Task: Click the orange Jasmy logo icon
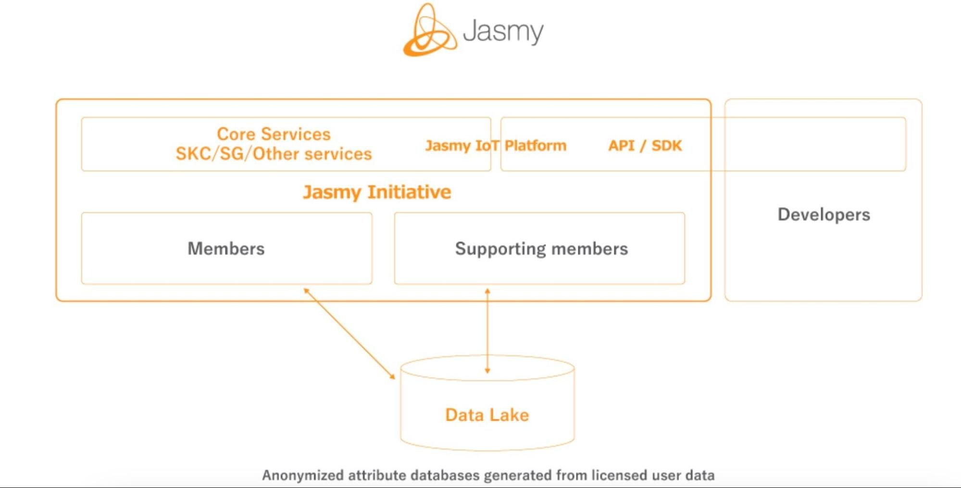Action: [x=428, y=31]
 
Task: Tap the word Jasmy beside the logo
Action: [x=503, y=31]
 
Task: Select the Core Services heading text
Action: [x=274, y=134]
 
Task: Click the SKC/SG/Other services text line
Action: [x=274, y=154]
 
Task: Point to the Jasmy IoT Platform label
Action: [x=496, y=145]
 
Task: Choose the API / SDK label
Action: [x=645, y=145]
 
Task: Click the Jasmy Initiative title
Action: [x=377, y=192]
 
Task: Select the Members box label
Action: [x=226, y=249]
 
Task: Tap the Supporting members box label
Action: [x=541, y=249]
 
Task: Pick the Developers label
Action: [x=824, y=214]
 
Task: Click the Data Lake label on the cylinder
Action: [x=487, y=414]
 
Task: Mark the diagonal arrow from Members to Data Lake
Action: [x=349, y=333]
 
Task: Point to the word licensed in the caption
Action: [x=619, y=475]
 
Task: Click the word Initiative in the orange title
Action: [x=409, y=192]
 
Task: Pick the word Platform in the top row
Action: [x=536, y=145]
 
